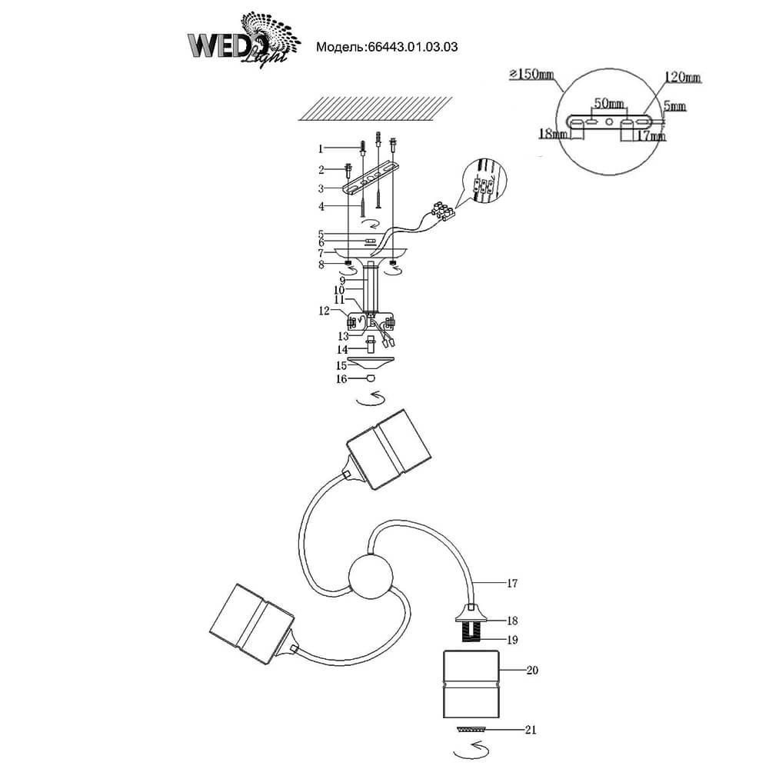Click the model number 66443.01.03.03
tap(387, 46)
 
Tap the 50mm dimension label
tap(608, 103)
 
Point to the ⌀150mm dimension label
tap(531, 75)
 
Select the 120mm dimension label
tap(682, 78)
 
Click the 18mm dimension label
tap(553, 134)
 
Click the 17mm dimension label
tap(651, 136)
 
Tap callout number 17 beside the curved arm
tap(512, 584)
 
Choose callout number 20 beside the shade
tap(532, 671)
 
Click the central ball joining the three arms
tap(371, 577)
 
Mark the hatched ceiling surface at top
tap(375, 108)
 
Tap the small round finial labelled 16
tap(371, 379)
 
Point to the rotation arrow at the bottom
tap(471, 747)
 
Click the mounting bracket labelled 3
tap(370, 181)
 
